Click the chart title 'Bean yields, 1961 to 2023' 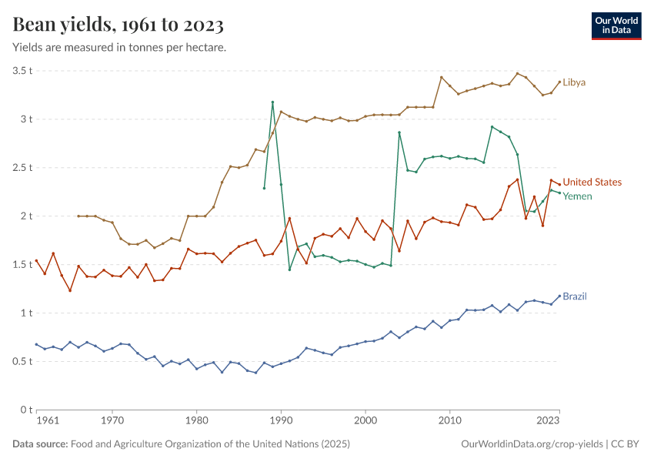point(118,25)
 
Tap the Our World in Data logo point(616,25)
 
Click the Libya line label point(574,82)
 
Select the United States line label point(592,182)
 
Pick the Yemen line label point(578,196)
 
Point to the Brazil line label point(575,296)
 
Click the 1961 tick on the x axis point(47,421)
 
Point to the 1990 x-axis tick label point(281,421)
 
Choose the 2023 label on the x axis point(548,421)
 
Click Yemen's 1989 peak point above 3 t point(272,102)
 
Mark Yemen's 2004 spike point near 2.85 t point(399,132)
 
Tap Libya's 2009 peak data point point(441,77)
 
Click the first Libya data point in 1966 point(78,216)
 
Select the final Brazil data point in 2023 point(559,296)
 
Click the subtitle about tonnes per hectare point(119,48)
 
